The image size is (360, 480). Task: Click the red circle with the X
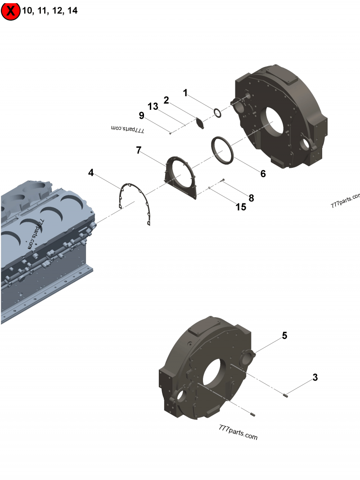pos(10,11)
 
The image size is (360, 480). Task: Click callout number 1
pos(185,93)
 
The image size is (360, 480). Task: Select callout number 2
pos(166,100)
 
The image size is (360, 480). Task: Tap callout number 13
pos(153,107)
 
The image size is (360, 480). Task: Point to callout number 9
pos(142,116)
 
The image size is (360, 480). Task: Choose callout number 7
pos(139,150)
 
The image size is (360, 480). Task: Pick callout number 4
pos(91,173)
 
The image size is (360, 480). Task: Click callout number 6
pos(263,174)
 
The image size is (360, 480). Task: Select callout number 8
pos(251,197)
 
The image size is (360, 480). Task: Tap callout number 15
pos(241,207)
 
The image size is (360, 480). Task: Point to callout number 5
pos(284,336)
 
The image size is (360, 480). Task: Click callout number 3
pos(315,378)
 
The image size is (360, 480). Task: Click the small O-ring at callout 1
pos(216,113)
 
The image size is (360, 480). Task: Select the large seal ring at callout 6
pos(223,150)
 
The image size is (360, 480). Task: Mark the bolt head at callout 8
pos(223,180)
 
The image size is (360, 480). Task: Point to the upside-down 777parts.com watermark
pos(128,129)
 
